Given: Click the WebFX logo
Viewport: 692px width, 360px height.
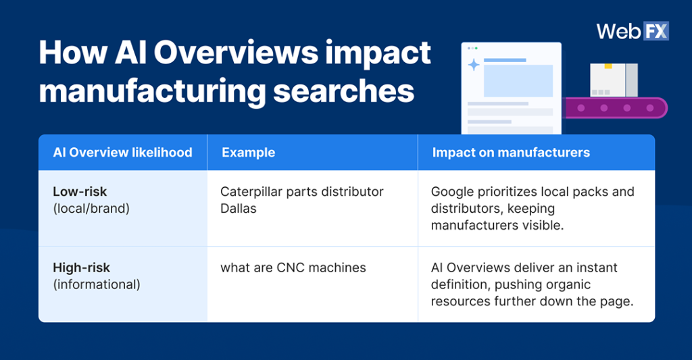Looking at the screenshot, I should [632, 32].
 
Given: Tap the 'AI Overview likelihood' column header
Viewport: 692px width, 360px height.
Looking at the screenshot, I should [122, 153].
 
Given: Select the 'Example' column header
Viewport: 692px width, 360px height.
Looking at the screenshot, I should [248, 153].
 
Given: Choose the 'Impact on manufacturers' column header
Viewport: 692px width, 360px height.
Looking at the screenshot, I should [511, 153].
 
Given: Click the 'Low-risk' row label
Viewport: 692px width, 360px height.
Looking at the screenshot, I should [80, 192].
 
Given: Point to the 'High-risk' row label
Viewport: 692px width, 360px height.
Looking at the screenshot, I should [81, 268].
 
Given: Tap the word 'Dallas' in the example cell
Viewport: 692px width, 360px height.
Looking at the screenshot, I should [239, 209].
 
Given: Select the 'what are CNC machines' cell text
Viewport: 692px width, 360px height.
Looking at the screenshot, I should [293, 268].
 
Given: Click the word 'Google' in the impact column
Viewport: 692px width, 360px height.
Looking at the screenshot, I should [453, 192].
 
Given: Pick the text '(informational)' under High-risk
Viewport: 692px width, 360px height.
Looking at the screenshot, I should [97, 284].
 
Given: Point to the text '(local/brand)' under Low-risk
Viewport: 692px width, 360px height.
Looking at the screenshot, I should [91, 209].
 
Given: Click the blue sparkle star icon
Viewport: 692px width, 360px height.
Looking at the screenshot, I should [474, 65].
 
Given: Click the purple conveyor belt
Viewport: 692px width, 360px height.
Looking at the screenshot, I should [615, 108].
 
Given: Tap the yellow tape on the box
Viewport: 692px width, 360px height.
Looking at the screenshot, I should [608, 66].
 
